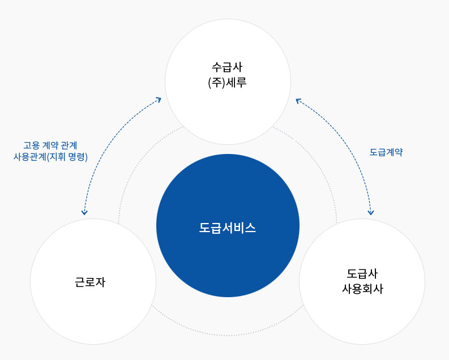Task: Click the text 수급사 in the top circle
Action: [x=227, y=67]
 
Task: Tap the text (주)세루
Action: [x=227, y=83]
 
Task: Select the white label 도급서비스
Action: [x=228, y=228]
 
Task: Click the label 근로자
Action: [x=90, y=282]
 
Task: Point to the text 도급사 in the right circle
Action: [x=362, y=273]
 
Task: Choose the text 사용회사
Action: [x=362, y=289]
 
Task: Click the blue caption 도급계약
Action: [x=386, y=152]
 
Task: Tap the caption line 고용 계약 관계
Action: [x=50, y=145]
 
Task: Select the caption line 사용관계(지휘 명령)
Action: [x=50, y=157]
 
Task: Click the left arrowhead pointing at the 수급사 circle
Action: [x=159, y=100]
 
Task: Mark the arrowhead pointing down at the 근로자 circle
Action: [x=84, y=212]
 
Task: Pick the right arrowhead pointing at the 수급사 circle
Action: [x=298, y=100]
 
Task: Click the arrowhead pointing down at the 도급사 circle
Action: [x=371, y=212]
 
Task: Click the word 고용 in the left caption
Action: [x=31, y=145]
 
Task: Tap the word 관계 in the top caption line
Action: [x=69, y=145]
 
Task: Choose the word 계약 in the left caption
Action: [x=50, y=145]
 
